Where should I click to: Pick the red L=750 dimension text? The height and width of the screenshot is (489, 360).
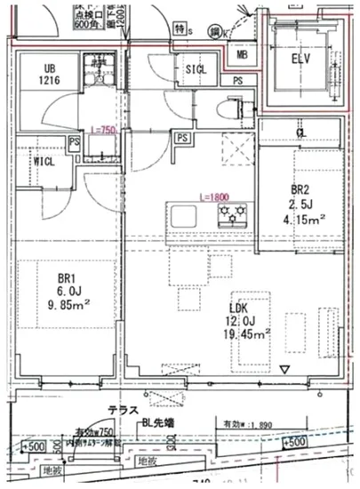[104, 129]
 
